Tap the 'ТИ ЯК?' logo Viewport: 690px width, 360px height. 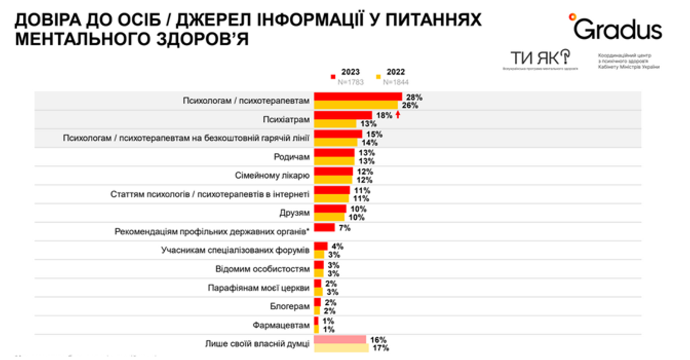[x=540, y=58]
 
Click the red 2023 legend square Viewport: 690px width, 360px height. [x=333, y=77]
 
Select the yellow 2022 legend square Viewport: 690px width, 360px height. [x=378, y=77]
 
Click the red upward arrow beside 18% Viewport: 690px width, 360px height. [x=398, y=115]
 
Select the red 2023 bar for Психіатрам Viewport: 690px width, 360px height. [x=343, y=115]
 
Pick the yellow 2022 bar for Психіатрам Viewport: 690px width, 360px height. [x=335, y=123]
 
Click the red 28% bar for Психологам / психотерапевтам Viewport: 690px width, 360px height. [x=358, y=97]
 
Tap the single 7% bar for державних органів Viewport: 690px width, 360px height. [x=324, y=227]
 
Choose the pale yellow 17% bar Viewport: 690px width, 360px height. [x=341, y=348]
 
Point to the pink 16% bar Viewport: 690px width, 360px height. [x=340, y=340]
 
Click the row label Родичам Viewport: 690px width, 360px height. [x=291, y=157]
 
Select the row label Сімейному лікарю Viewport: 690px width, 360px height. [x=272, y=175]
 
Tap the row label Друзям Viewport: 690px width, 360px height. [x=294, y=213]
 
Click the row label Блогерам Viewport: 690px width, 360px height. [x=290, y=306]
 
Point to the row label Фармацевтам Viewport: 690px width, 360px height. [x=281, y=325]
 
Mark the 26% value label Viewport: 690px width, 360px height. [x=410, y=105]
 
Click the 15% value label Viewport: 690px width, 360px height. [x=374, y=134]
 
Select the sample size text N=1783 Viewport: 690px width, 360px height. [x=351, y=82]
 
